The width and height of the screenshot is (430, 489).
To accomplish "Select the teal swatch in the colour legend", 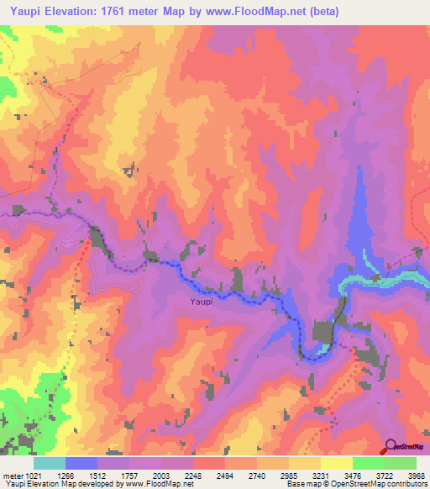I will (x=50, y=463).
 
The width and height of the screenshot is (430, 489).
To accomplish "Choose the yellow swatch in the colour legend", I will (x=336, y=463).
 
